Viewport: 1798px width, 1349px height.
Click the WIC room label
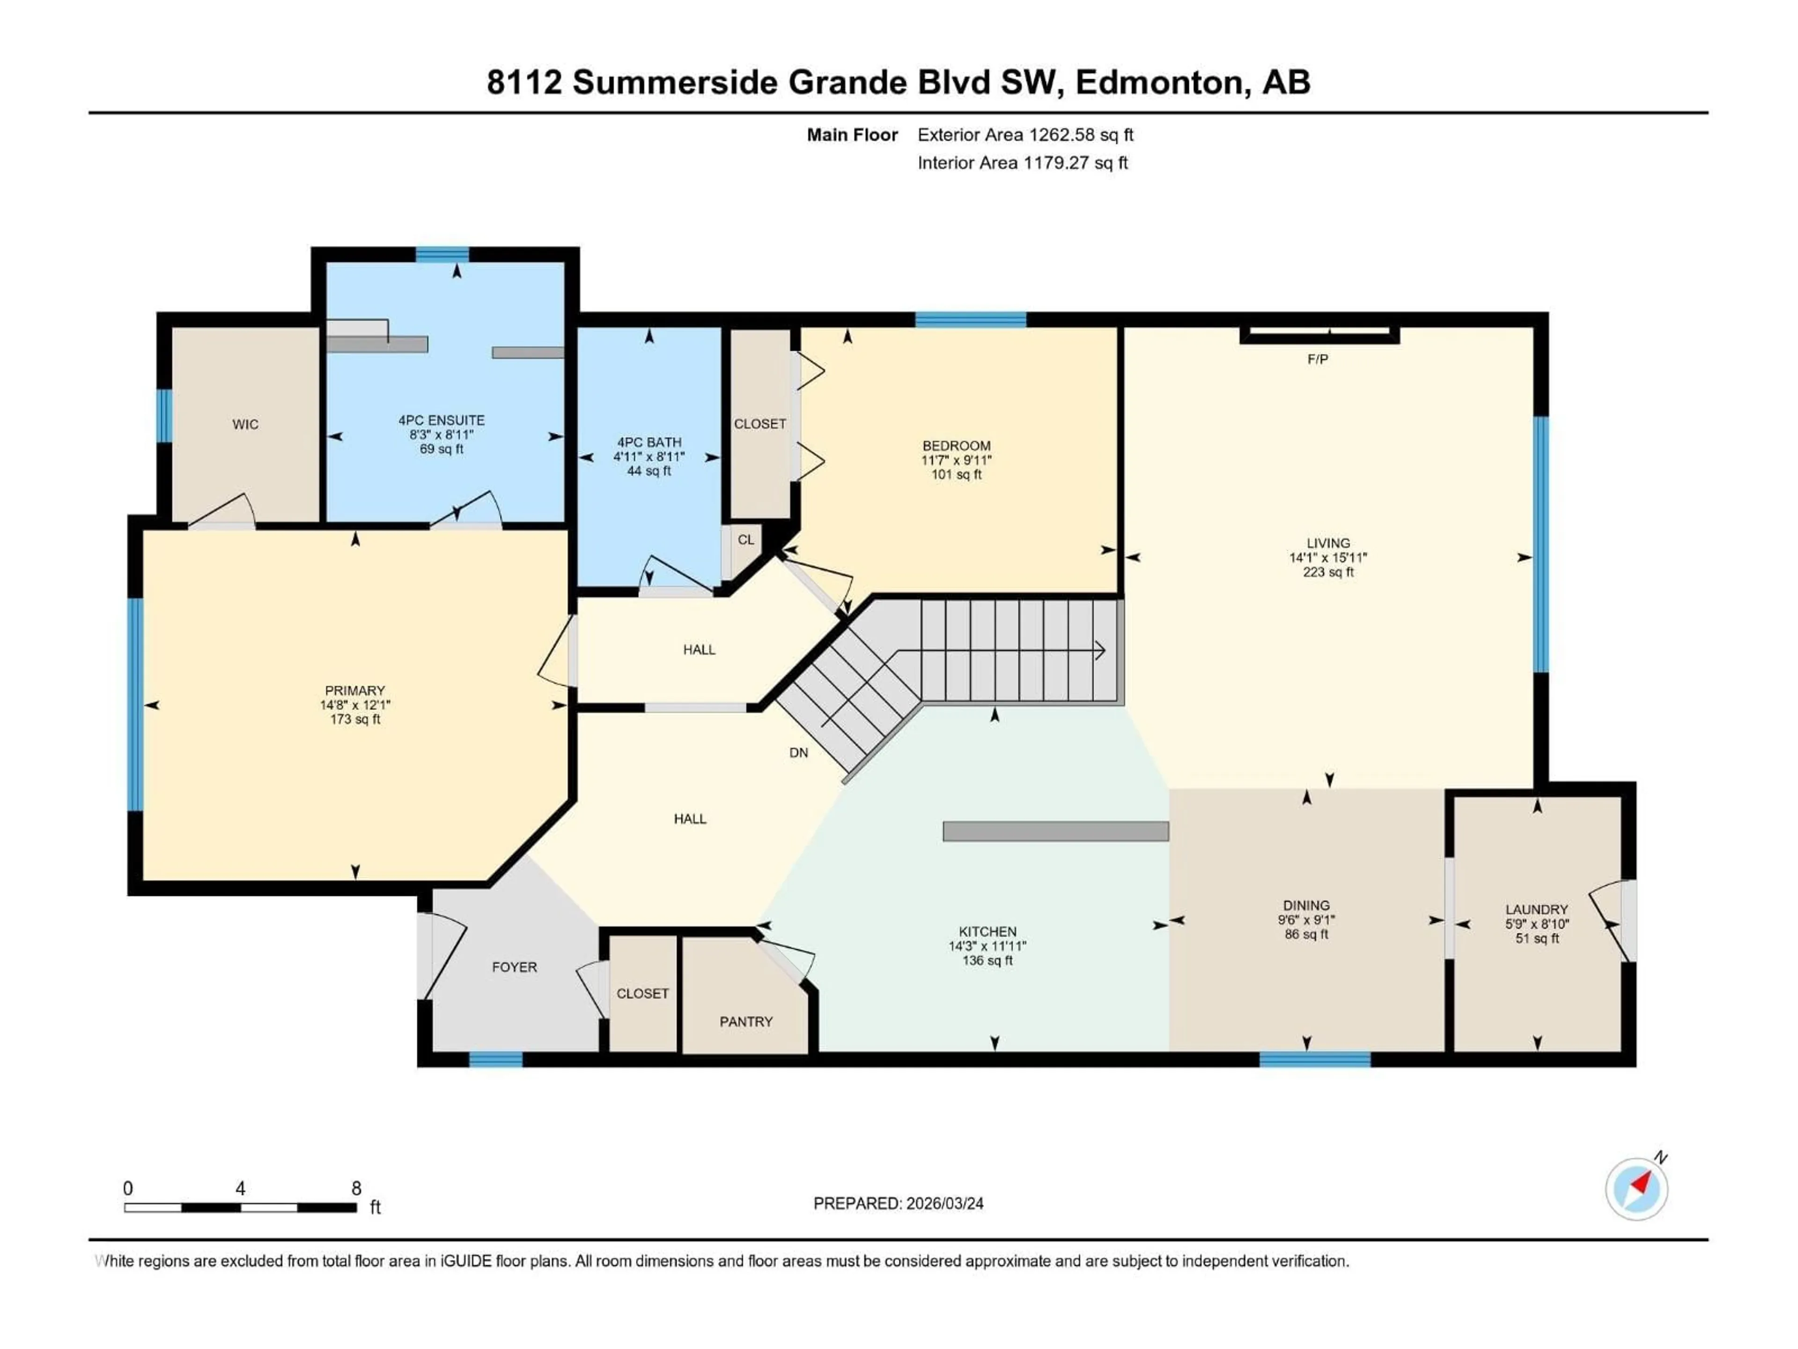(245, 424)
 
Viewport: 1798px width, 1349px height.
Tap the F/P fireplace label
(1318, 359)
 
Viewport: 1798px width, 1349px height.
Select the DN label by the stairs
(798, 753)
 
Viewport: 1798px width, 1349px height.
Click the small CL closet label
(745, 540)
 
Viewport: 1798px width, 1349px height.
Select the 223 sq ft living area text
(1328, 572)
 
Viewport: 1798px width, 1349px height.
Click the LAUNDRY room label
(1536, 910)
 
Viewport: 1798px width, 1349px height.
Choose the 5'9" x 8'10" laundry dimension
(1536, 925)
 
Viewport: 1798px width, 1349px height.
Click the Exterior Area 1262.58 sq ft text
(1025, 135)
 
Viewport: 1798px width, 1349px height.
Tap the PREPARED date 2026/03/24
(943, 1203)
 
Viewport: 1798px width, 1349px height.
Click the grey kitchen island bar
(1055, 831)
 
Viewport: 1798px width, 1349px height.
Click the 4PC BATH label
(648, 442)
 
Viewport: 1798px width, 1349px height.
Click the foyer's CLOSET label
(642, 993)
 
